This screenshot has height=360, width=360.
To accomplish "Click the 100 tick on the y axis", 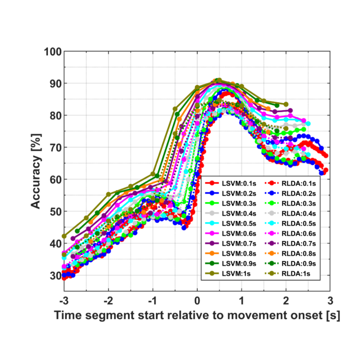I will coord(53,52).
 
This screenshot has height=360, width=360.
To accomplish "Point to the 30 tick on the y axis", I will coord(56,276).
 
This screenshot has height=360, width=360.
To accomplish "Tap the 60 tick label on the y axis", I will coord(56,180).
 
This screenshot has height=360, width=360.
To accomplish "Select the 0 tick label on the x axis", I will coord(197,301).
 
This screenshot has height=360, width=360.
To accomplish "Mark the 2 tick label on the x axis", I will coord(286,301).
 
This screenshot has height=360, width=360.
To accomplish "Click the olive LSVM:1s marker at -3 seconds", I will coord(64,236).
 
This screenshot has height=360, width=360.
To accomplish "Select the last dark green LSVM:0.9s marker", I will coord(277,105).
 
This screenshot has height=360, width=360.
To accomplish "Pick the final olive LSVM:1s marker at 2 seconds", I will coord(286,104).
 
